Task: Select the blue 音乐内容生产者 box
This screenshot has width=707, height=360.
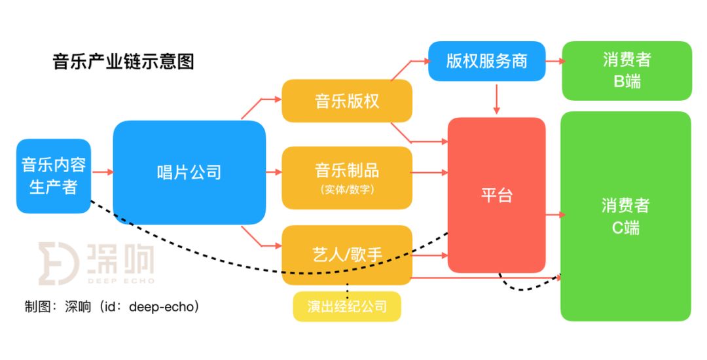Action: (54, 175)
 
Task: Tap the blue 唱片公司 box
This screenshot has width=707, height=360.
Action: (189, 172)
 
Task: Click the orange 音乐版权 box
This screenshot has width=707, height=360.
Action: (347, 101)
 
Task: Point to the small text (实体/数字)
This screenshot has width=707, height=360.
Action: (347, 190)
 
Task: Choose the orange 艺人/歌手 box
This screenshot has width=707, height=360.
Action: (347, 255)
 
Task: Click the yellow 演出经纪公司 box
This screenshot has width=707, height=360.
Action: (347, 306)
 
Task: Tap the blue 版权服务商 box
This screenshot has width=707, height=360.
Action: (486, 61)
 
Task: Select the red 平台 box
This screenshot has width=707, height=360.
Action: (496, 195)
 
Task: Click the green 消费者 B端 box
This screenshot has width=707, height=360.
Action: (626, 71)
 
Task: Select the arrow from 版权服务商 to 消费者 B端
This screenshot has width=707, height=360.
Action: (553, 61)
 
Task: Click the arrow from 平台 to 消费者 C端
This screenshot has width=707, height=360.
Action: (553, 214)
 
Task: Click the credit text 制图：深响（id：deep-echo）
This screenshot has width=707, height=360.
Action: (111, 306)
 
